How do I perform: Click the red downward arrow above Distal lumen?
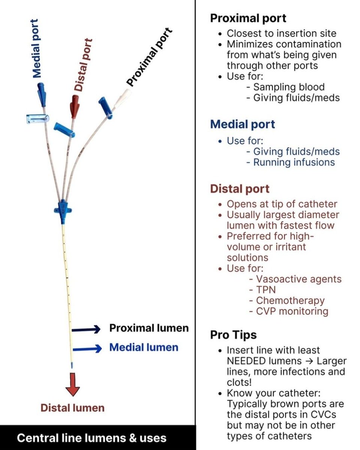72,384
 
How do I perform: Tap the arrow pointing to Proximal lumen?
86,329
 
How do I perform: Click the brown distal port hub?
75,106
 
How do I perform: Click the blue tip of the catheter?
72,365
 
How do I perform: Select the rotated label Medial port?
35,48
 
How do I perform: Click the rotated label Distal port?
83,64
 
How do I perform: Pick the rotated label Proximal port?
149,57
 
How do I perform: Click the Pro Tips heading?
233,334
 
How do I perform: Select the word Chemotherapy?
290,301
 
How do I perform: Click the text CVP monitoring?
292,311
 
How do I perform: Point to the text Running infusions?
294,162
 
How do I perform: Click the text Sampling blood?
289,87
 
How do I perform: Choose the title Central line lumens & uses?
91,438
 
